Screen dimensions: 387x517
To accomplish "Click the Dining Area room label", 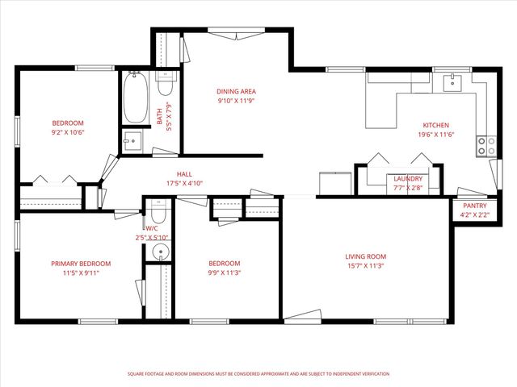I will tap(236, 92).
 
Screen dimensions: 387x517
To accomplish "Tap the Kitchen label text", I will tap(435, 125).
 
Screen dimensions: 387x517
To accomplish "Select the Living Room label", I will tap(364, 256).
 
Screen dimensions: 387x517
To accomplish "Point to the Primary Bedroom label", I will tap(81, 264).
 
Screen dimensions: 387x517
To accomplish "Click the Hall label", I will tap(185, 174).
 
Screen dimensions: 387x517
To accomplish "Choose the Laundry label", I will tap(408, 179).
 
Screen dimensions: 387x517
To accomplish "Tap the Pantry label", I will tap(474, 206).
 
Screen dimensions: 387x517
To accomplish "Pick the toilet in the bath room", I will tap(165, 84).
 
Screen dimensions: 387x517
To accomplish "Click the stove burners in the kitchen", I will tap(487, 145).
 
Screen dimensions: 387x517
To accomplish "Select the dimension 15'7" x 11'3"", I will tap(364, 265).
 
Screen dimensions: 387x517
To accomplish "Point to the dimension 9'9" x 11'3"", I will tap(225, 273).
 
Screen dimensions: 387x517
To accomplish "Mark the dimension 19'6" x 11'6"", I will tap(435, 135).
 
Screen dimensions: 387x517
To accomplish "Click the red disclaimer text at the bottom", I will tap(258, 374).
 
